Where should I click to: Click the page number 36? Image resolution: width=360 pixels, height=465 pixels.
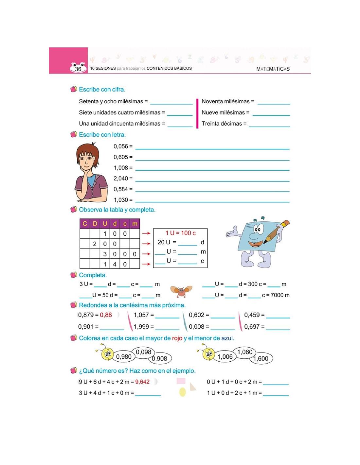pyautogui.click(x=78, y=69)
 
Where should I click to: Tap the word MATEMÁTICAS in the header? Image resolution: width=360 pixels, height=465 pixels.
pyautogui.click(x=273, y=69)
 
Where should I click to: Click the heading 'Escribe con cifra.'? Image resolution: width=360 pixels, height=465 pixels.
pyautogui.click(x=102, y=89)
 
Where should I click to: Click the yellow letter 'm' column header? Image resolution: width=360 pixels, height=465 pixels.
pyautogui.click(x=135, y=224)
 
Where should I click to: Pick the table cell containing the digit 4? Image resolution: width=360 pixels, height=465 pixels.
pyautogui.click(x=115, y=264)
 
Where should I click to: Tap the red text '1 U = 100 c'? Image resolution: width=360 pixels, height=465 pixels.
pyautogui.click(x=180, y=233)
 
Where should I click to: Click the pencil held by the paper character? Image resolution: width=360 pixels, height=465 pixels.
pyautogui.click(x=277, y=232)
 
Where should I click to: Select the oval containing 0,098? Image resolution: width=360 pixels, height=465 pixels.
pyautogui.click(x=144, y=352)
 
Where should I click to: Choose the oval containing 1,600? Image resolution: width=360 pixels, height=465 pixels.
pyautogui.click(x=261, y=359)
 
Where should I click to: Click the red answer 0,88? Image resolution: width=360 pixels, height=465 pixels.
pyautogui.click(x=106, y=315)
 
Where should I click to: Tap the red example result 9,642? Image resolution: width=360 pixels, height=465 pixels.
pyautogui.click(x=142, y=382)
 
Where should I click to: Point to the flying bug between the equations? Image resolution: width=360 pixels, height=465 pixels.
pyautogui.click(x=181, y=291)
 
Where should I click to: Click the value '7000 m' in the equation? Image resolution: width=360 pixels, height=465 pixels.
pyautogui.click(x=280, y=295)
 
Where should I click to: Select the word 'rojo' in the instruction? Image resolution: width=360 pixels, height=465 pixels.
pyautogui.click(x=177, y=338)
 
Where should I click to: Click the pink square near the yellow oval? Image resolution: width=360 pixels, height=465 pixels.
pyautogui.click(x=181, y=381)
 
